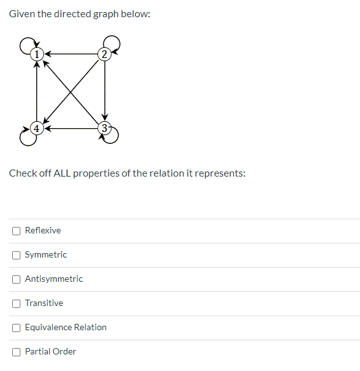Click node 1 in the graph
38,54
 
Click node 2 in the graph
104,54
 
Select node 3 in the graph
104,127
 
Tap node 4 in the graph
38,127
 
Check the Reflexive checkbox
15,230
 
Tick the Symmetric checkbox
15,254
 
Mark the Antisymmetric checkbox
15,279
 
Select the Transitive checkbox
15,303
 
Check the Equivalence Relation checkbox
15,327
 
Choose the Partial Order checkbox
15,351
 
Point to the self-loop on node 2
115,43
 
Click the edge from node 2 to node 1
71,54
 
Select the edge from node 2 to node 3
104,91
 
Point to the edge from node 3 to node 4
71,127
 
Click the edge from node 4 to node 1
38,91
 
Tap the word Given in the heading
22,13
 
